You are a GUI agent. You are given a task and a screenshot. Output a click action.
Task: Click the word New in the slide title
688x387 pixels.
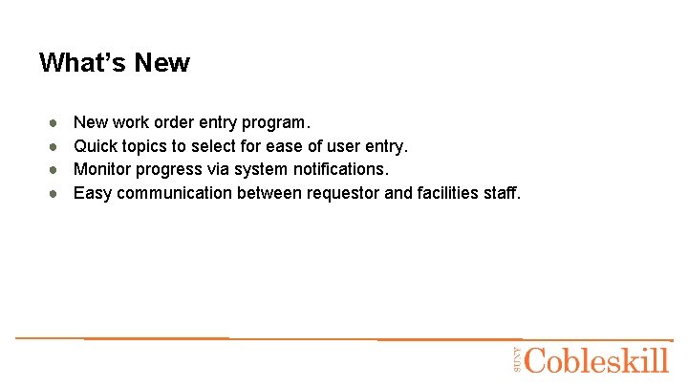pyautogui.click(x=161, y=63)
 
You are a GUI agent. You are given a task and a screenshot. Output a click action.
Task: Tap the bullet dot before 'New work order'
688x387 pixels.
pyautogui.click(x=55, y=122)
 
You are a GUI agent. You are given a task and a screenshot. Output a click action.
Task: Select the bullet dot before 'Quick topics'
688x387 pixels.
pyautogui.click(x=55, y=146)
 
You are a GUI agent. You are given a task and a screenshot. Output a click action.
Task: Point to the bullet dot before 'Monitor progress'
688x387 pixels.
pyautogui.click(x=55, y=169)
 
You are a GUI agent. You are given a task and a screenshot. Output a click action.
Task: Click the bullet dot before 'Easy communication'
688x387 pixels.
pyautogui.click(x=55, y=193)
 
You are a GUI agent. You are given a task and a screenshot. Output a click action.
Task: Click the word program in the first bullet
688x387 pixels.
pyautogui.click(x=276, y=123)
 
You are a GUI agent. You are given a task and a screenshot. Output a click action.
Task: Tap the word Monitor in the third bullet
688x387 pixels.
pyautogui.click(x=103, y=169)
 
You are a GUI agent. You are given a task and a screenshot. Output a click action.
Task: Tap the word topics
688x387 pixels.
pyautogui.click(x=143, y=146)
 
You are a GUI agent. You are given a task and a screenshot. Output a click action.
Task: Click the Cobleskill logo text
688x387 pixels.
pyautogui.click(x=597, y=360)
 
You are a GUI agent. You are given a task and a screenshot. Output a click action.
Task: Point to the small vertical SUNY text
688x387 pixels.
pyautogui.click(x=517, y=360)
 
